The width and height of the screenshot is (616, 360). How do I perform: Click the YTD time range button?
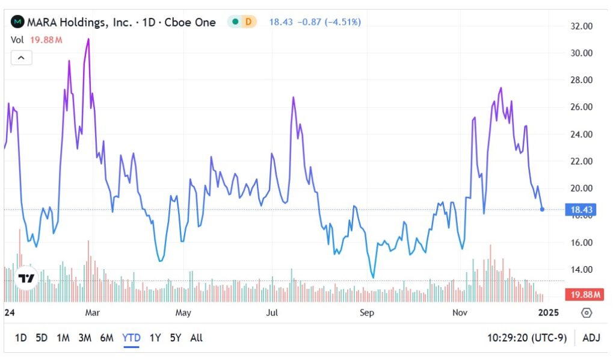[131, 338]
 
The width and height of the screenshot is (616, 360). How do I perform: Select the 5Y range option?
[175, 338]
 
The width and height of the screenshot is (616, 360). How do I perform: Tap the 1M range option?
[63, 338]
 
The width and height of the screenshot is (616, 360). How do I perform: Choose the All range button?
[196, 338]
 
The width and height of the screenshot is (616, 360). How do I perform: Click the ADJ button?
[591, 338]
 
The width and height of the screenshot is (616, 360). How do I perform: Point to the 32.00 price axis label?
[581, 26]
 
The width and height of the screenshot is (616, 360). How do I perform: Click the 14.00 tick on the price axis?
[581, 270]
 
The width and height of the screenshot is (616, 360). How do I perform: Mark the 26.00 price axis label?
[581, 107]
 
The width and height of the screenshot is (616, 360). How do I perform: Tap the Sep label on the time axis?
[366, 312]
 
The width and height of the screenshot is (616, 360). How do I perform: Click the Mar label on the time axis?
[92, 312]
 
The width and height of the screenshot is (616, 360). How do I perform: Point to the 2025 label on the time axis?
[548, 312]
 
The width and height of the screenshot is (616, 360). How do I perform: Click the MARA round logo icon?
[17, 22]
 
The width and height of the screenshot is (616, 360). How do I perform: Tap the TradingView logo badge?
[26, 278]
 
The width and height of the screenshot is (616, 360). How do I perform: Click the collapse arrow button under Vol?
[21, 58]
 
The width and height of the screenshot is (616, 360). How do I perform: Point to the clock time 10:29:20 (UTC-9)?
[527, 338]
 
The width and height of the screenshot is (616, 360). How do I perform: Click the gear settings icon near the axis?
[587, 312]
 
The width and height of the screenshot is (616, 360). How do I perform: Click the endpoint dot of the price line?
[543, 209]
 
